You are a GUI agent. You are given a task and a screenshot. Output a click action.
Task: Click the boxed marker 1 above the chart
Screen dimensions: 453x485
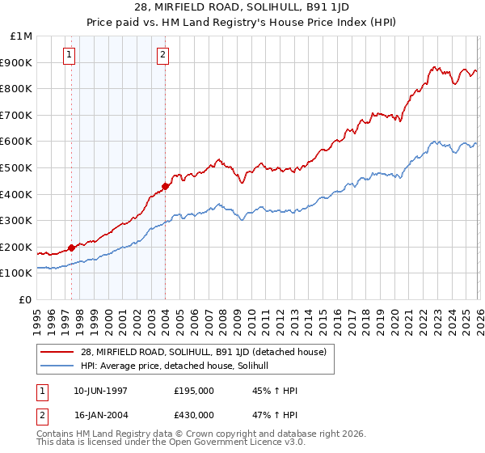(69, 55)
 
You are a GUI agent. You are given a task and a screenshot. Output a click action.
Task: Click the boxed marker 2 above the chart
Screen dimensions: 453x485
(162, 55)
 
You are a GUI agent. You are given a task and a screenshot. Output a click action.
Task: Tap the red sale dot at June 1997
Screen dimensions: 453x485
(71, 248)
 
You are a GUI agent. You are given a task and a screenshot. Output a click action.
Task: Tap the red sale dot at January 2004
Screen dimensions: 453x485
(165, 186)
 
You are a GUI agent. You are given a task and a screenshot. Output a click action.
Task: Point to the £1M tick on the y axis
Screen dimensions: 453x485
(22, 36)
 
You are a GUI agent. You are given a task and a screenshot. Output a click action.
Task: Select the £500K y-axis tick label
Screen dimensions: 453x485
(18, 168)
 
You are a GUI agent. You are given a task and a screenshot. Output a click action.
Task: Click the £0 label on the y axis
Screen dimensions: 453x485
(25, 300)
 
